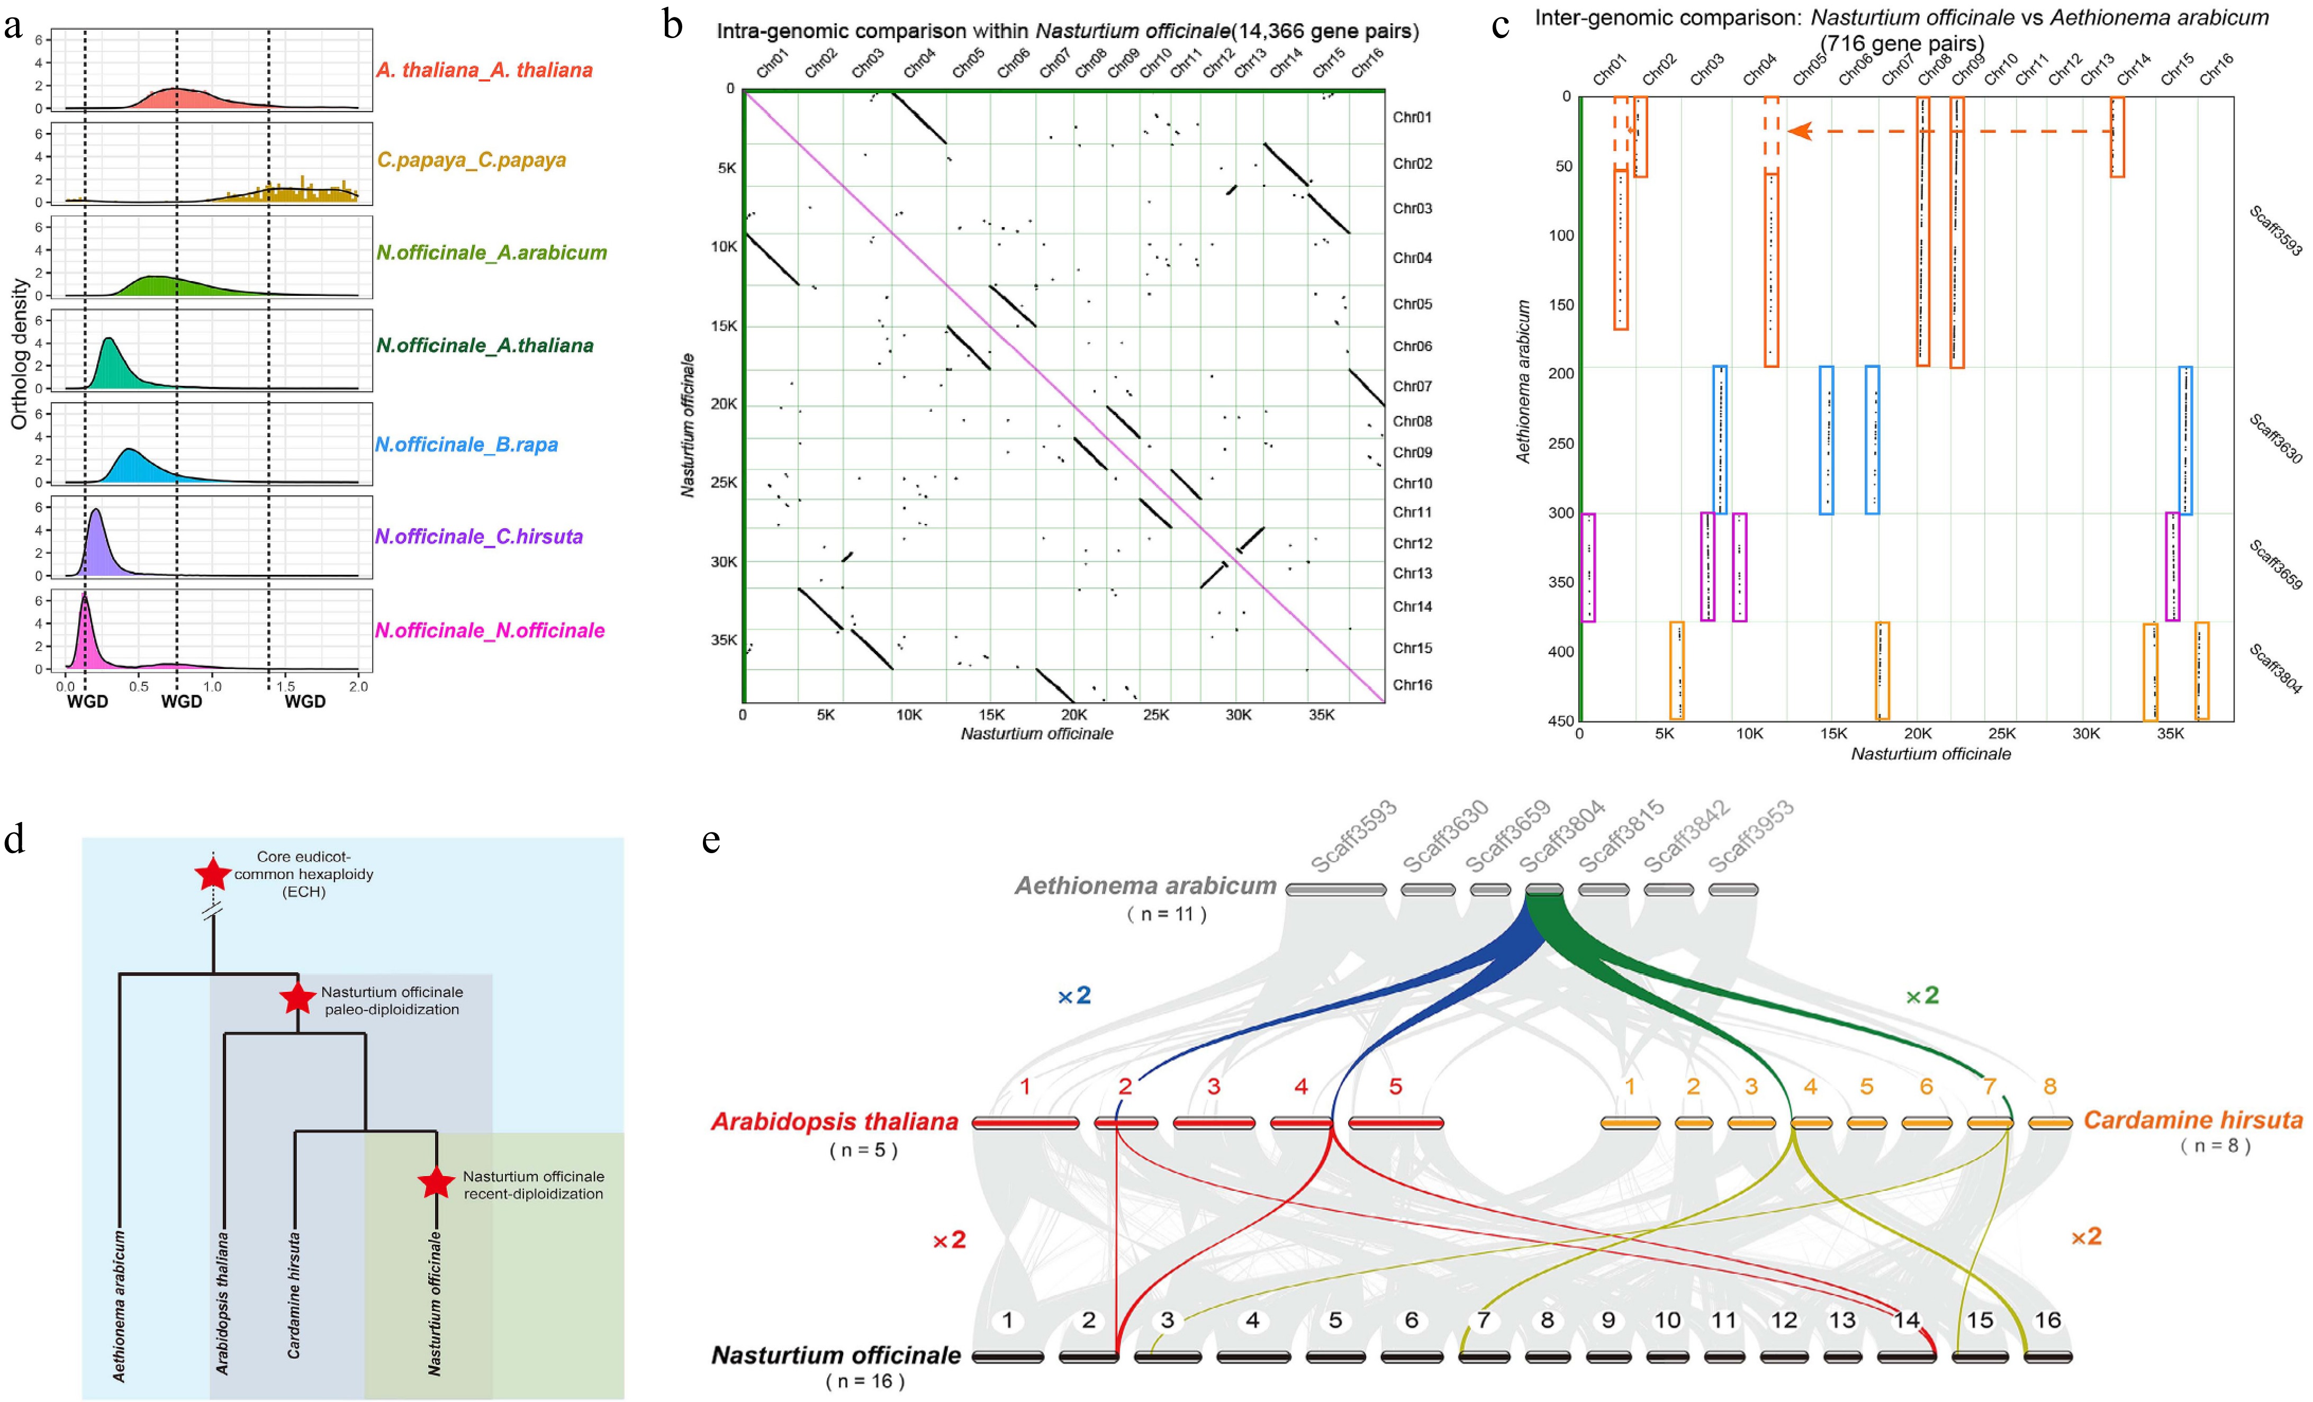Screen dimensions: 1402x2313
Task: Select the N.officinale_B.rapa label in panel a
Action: (x=466, y=444)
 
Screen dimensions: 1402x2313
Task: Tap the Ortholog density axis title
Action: (x=19, y=354)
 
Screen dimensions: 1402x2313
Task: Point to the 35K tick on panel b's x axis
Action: (x=1321, y=715)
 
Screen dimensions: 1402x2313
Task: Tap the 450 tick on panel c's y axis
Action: (x=1561, y=721)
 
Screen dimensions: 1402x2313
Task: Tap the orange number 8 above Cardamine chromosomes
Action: (x=2050, y=1087)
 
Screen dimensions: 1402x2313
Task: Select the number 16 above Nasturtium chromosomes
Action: (x=2047, y=1320)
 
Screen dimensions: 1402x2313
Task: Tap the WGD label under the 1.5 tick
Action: (x=305, y=702)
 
